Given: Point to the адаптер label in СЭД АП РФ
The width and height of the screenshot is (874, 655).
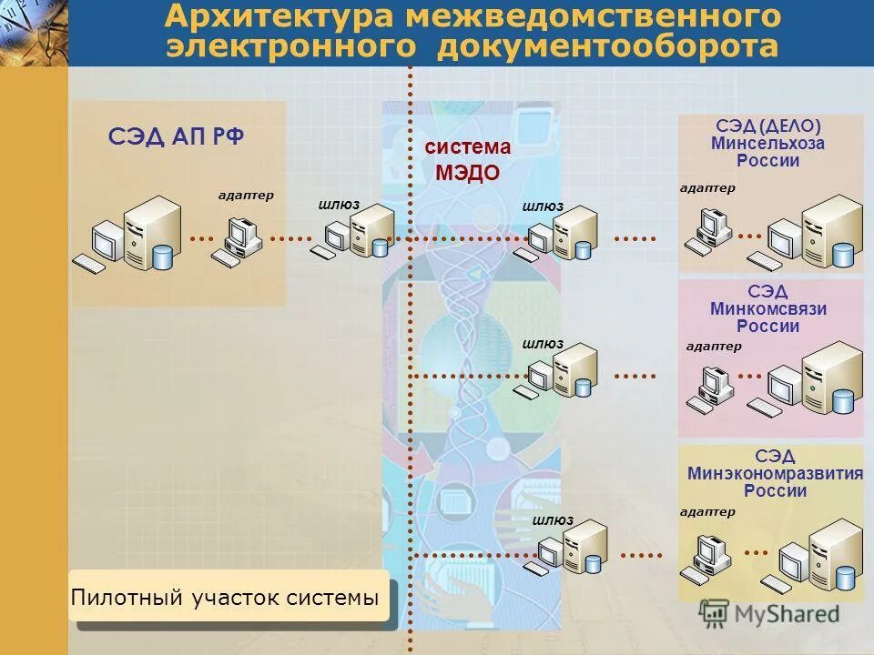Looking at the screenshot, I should pyautogui.click(x=246, y=195).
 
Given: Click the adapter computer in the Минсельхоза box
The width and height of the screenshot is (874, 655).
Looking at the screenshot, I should pyautogui.click(x=711, y=231).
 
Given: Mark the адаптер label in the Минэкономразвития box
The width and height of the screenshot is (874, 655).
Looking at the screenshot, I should pyautogui.click(x=706, y=512).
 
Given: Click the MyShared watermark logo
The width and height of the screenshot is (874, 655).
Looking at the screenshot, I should pyautogui.click(x=770, y=614).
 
